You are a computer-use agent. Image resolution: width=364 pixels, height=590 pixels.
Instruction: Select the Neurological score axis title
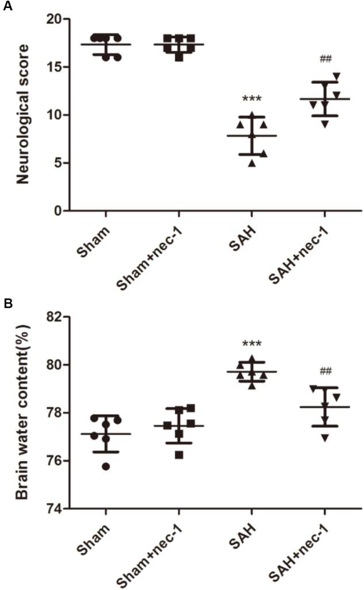[x=22, y=115]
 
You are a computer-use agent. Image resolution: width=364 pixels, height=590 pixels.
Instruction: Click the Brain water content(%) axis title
[x=22, y=412]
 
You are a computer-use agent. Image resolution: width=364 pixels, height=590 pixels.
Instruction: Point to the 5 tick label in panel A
[x=58, y=163]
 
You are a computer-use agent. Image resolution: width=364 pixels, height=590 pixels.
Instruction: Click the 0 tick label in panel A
[x=58, y=211]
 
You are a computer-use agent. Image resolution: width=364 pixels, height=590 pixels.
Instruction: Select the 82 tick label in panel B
[x=55, y=317]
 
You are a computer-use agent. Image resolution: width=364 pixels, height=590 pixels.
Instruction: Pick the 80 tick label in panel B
[x=55, y=365]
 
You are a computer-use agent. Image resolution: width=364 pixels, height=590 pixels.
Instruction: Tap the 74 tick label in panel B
[x=55, y=509]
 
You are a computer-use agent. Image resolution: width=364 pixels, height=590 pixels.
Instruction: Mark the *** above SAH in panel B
[x=252, y=344]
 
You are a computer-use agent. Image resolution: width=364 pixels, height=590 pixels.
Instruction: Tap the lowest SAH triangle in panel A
[x=251, y=163]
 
